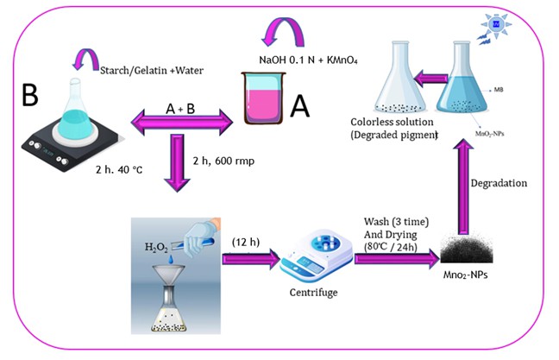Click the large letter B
[x=30, y=96]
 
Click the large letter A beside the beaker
[x=300, y=105]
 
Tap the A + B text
[x=181, y=107]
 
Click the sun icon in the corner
[x=497, y=25]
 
